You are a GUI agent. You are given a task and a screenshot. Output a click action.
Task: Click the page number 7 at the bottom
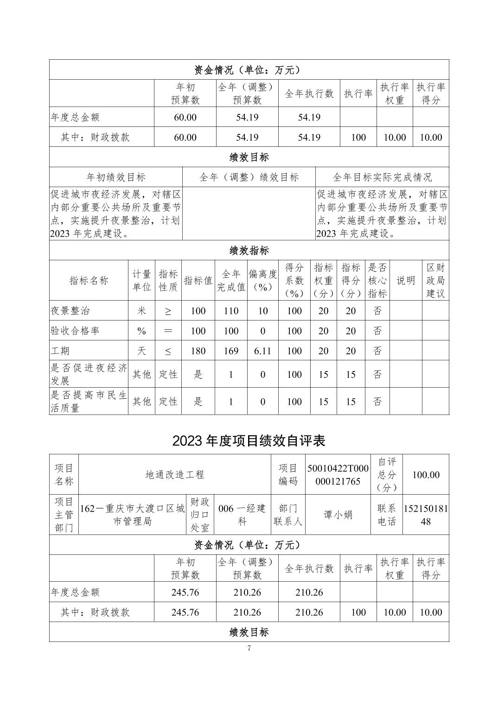[249, 648]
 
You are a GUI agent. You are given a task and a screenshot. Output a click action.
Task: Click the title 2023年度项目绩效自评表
[249, 440]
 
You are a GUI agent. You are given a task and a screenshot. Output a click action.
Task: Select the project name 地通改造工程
[175, 474]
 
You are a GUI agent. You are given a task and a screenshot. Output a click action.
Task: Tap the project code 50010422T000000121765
[338, 474]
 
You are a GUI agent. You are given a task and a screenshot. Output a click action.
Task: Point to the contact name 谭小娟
[338, 515]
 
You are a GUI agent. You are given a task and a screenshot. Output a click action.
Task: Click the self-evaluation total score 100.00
[426, 474]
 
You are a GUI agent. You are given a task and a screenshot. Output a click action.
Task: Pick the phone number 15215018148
[426, 515]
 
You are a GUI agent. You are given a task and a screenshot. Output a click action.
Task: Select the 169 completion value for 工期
[231, 351]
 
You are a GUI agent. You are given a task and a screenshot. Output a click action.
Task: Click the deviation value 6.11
[262, 351]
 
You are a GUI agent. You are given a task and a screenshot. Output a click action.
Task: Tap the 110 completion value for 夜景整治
[231, 311]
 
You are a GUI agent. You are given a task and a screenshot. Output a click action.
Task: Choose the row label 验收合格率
[75, 331]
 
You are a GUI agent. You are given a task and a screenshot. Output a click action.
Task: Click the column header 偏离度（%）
[262, 280]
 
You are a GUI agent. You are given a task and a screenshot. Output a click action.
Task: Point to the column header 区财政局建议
[435, 280]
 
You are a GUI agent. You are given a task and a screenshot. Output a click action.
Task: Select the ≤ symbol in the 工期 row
[168, 351]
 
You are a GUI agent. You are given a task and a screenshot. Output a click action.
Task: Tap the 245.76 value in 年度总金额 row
[185, 592]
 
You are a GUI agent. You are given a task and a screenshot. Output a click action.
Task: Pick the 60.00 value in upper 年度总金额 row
[185, 117]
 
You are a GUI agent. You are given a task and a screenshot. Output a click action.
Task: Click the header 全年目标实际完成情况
[382, 177]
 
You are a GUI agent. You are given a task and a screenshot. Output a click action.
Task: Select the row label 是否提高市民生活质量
[89, 402]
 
